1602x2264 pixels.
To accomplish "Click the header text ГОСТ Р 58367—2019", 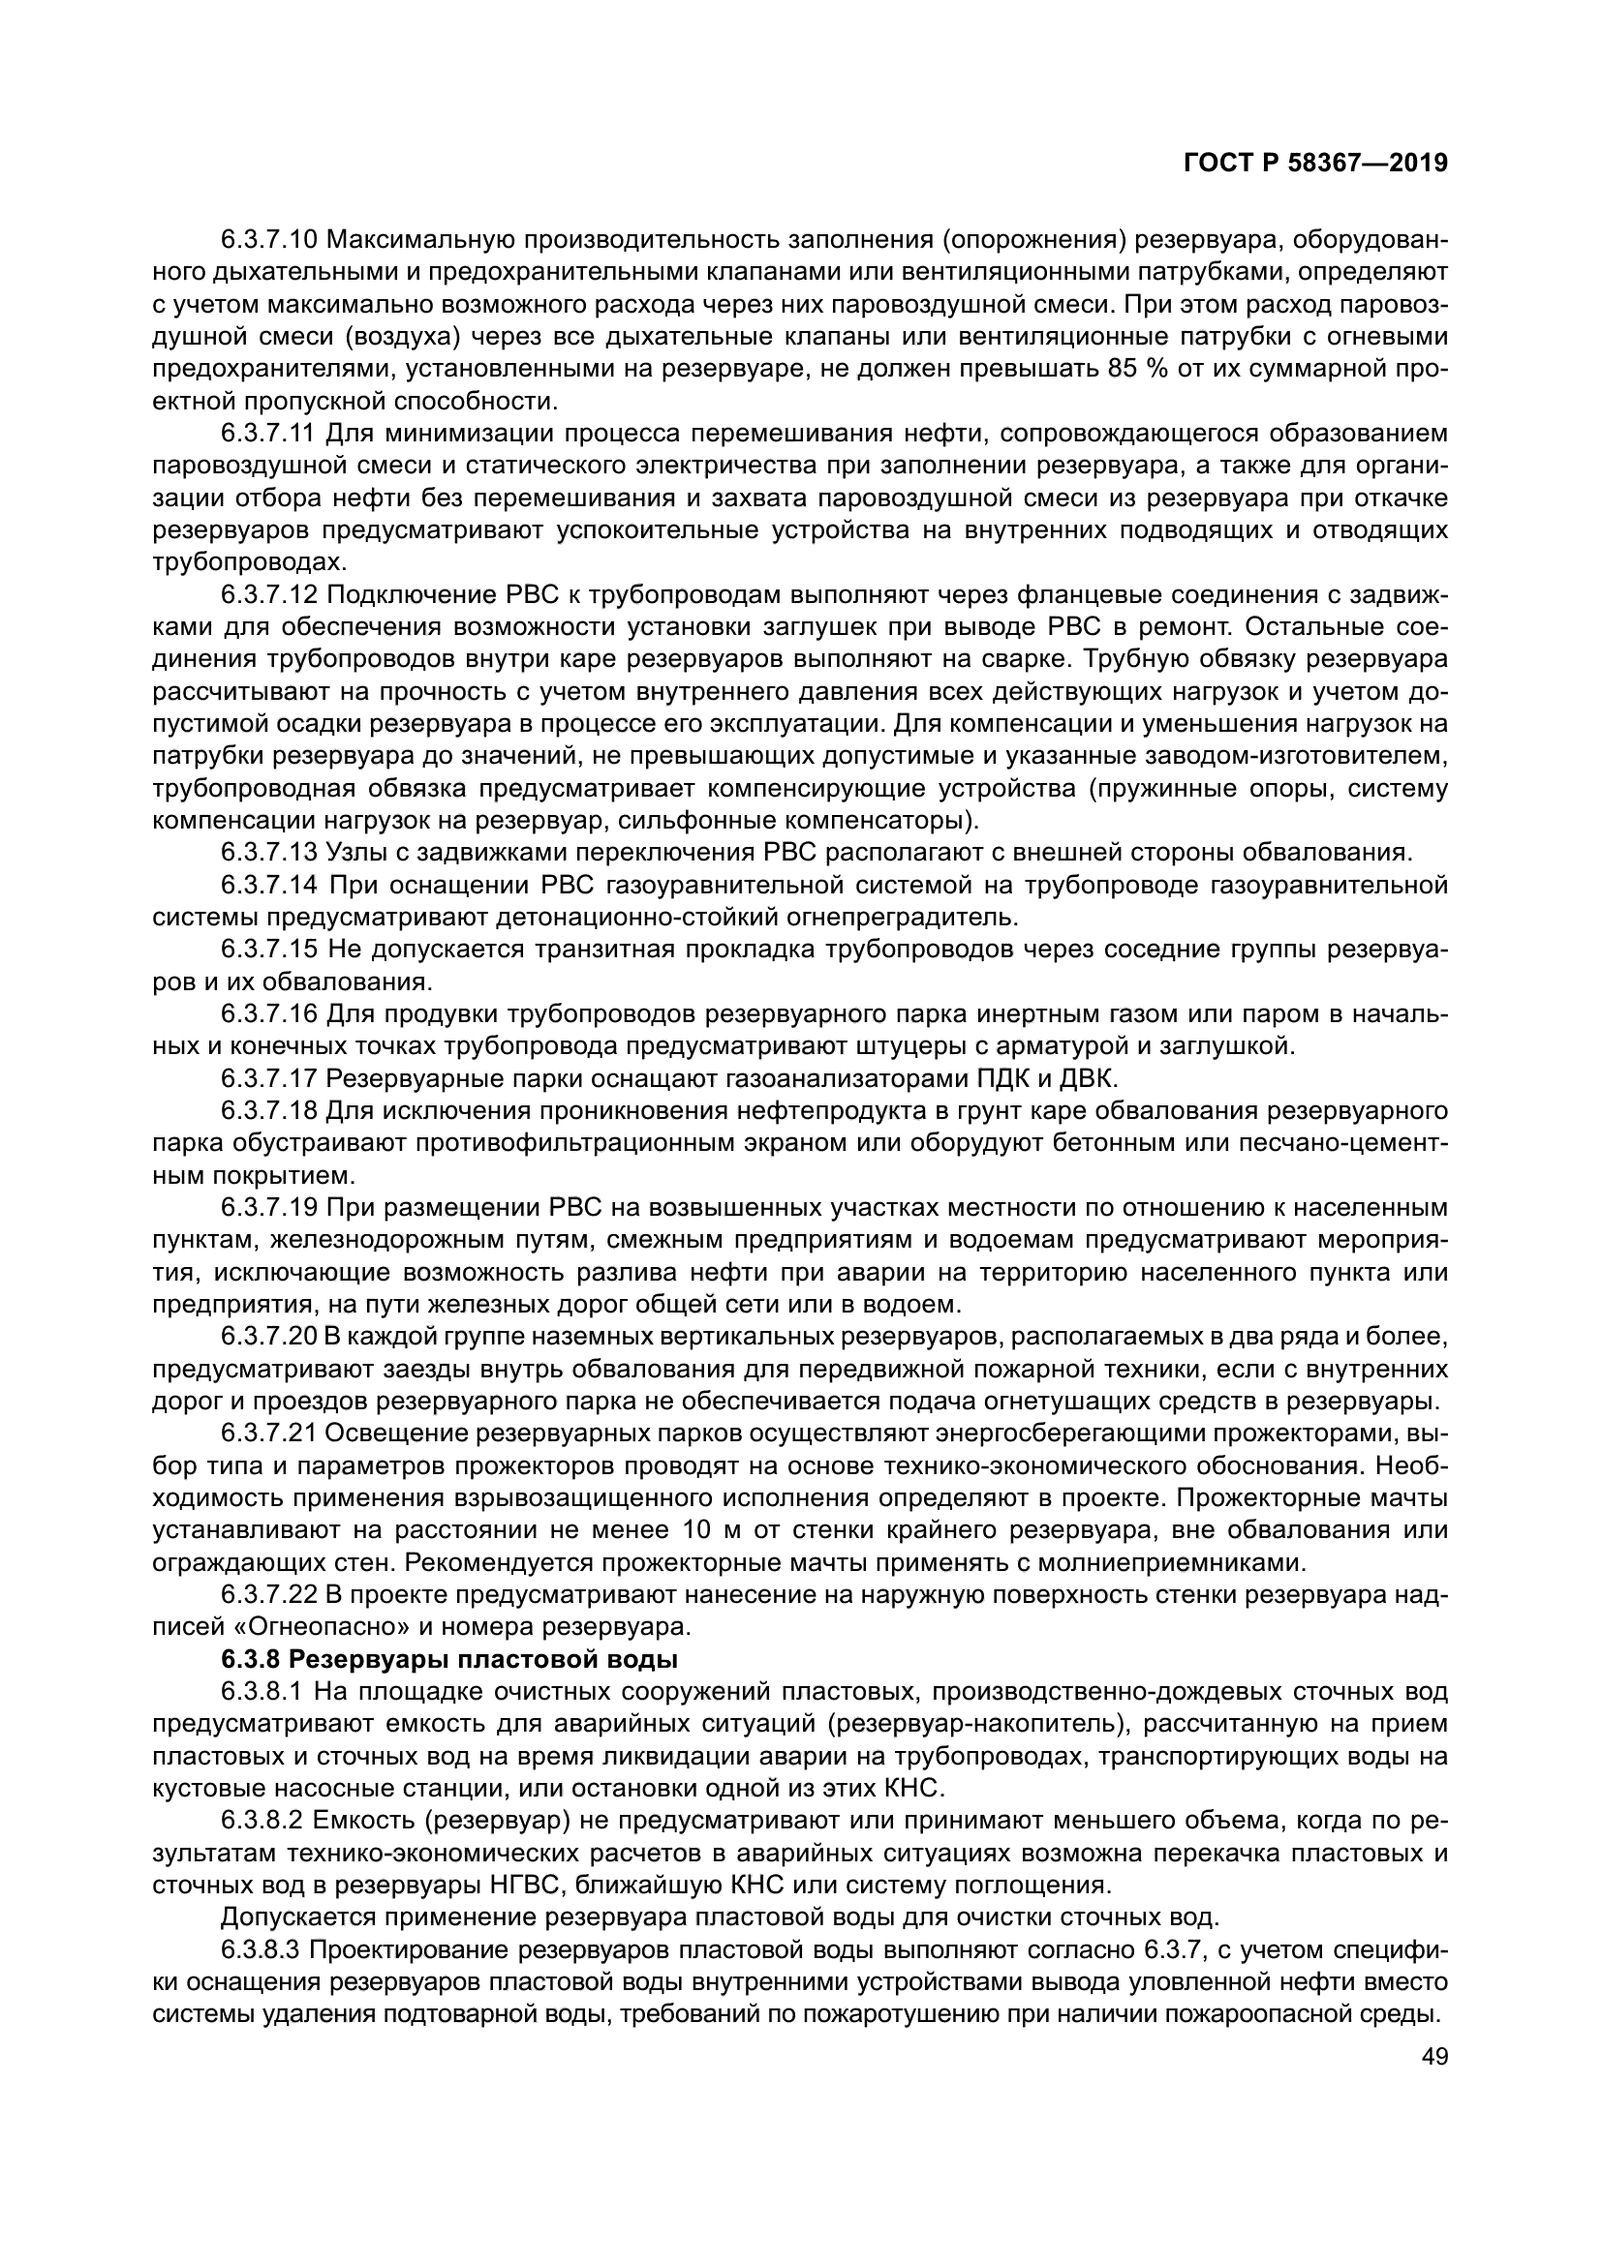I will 1315,164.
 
